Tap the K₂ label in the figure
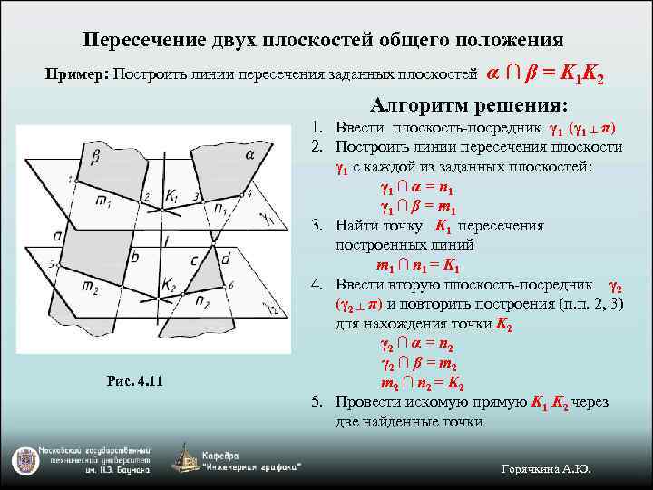[x=170, y=284]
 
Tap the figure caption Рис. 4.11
[x=134, y=379]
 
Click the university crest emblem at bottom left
[x=24, y=460]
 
